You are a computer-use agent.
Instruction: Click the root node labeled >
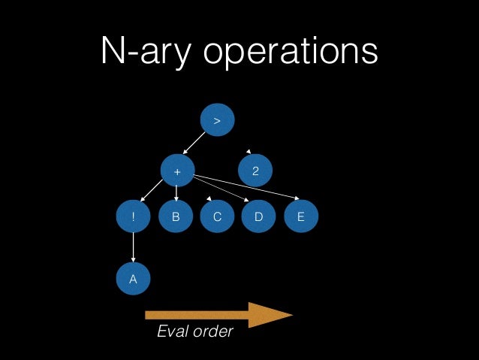tap(218, 120)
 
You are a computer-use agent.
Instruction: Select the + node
tap(177, 172)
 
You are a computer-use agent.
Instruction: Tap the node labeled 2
tap(256, 172)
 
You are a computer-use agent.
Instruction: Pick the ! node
tap(134, 217)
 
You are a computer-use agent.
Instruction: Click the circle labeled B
tap(176, 217)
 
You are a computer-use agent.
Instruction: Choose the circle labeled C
tap(217, 217)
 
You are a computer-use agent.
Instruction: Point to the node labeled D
tap(259, 217)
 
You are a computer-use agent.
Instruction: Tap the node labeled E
tap(301, 217)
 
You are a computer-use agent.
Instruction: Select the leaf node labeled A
tap(134, 279)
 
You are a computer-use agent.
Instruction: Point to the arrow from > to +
tap(195, 144)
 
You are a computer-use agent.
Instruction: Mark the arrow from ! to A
tap(134, 248)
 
